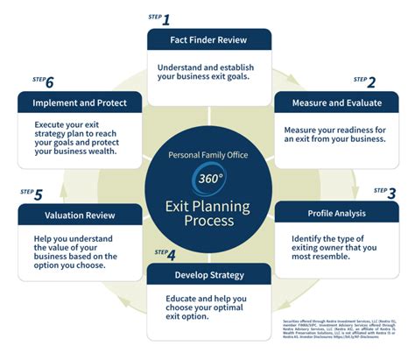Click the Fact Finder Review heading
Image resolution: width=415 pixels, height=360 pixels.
click(x=208, y=39)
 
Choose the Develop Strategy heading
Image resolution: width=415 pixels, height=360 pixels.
click(x=207, y=275)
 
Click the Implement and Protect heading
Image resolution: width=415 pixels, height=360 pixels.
click(x=80, y=102)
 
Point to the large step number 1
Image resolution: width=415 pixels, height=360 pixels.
click(x=166, y=18)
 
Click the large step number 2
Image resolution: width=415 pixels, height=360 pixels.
click(x=371, y=82)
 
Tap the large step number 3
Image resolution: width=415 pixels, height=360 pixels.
click(x=390, y=193)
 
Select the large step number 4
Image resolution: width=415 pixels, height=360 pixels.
click(x=171, y=256)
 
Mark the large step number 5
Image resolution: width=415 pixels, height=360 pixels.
click(x=39, y=194)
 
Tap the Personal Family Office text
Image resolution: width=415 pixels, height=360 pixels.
click(x=207, y=156)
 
